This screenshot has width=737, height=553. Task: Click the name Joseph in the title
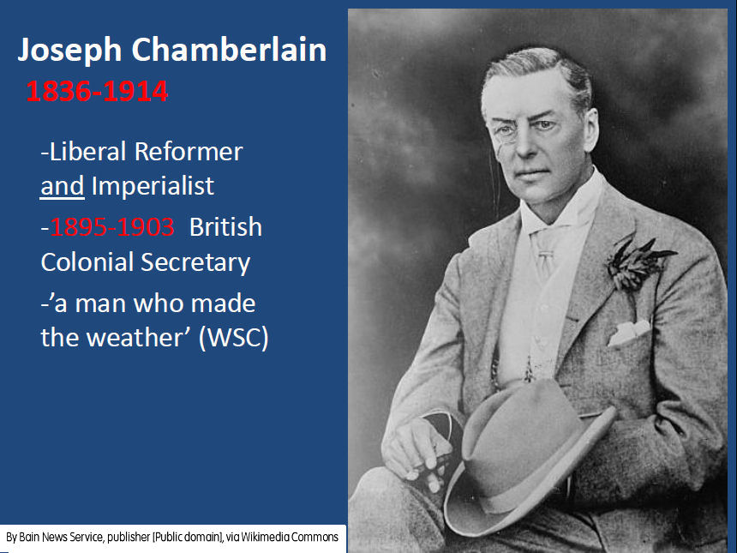(69, 51)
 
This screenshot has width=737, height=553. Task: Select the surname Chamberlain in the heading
(229, 49)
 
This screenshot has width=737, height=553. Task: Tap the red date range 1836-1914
(97, 91)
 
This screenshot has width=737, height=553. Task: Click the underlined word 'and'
(62, 186)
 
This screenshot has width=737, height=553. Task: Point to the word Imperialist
(153, 186)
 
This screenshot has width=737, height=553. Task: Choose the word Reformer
(189, 152)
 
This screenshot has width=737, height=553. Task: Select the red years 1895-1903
(112, 227)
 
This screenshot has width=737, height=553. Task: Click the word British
(225, 227)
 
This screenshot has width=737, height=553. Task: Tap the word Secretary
(195, 262)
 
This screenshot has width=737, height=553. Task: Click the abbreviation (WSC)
(234, 338)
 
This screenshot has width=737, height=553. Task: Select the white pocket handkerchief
(628, 333)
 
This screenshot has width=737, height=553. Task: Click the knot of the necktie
(545, 255)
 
